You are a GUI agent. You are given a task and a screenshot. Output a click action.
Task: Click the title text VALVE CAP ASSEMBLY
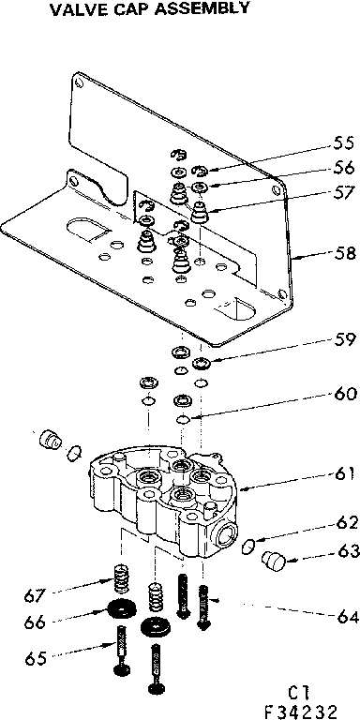[x=127, y=9]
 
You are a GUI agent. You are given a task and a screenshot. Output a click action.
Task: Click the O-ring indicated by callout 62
[x=247, y=546]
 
